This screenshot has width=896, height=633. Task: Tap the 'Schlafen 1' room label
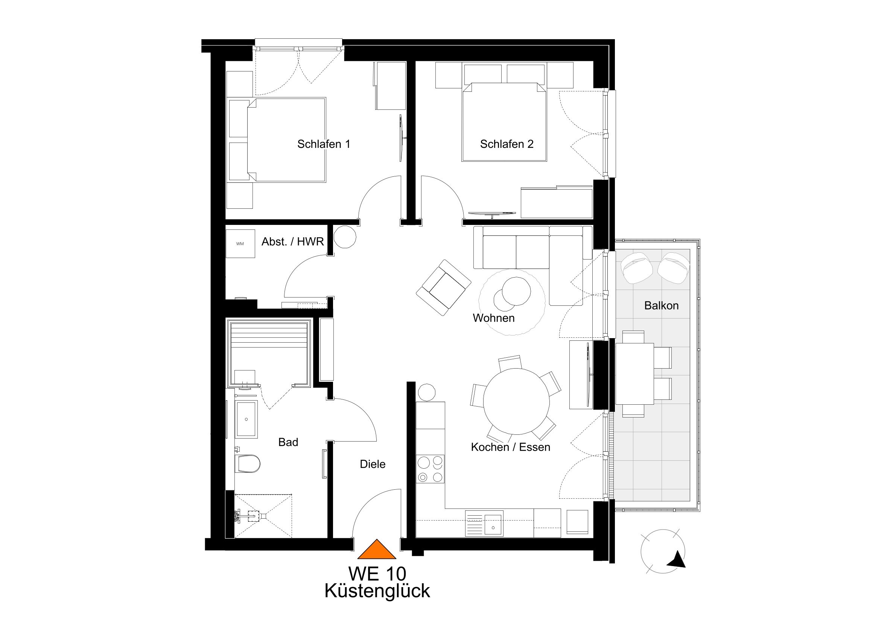pyautogui.click(x=324, y=144)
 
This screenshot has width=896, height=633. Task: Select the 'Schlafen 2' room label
pyautogui.click(x=507, y=144)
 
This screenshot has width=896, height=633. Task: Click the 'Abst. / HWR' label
pyautogui.click(x=293, y=242)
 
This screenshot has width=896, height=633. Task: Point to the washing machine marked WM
pyautogui.click(x=240, y=244)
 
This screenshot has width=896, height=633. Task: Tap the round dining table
pyautogui.click(x=516, y=401)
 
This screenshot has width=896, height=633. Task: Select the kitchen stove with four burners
pyautogui.click(x=430, y=469)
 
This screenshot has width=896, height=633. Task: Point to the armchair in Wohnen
pyautogui.click(x=444, y=287)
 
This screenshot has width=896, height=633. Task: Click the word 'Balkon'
pyautogui.click(x=662, y=305)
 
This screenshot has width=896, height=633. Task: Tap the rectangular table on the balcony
pyautogui.click(x=634, y=373)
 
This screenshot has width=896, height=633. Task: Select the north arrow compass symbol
pyautogui.click(x=663, y=551)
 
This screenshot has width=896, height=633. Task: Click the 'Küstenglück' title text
pyautogui.click(x=377, y=591)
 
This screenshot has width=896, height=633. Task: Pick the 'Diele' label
pyautogui.click(x=373, y=464)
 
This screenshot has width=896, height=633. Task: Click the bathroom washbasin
pyautogui.click(x=246, y=419)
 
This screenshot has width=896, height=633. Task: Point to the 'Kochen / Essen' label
pyautogui.click(x=510, y=447)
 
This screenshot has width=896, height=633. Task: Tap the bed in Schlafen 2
pyautogui.click(x=504, y=122)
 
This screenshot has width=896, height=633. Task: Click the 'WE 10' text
pyautogui.click(x=377, y=574)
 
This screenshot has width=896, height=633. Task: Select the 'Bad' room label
pyautogui.click(x=288, y=442)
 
